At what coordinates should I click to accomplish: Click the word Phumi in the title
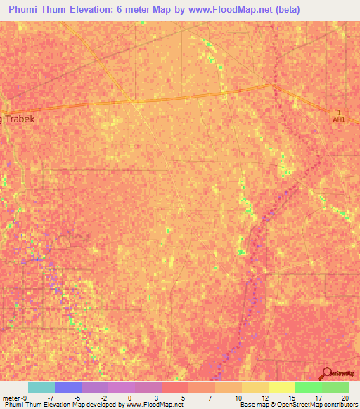click(26, 10)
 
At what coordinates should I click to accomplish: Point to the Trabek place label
click(19, 119)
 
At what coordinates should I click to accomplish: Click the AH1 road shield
click(339, 116)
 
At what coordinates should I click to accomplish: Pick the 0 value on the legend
click(129, 398)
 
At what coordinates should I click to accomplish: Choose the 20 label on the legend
click(345, 398)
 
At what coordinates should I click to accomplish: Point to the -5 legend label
click(77, 398)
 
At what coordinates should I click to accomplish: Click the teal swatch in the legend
click(41, 387)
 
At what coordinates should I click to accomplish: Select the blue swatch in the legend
click(68, 387)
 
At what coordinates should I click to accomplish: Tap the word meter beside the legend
click(10, 398)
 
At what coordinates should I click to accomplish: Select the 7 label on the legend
click(210, 398)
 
